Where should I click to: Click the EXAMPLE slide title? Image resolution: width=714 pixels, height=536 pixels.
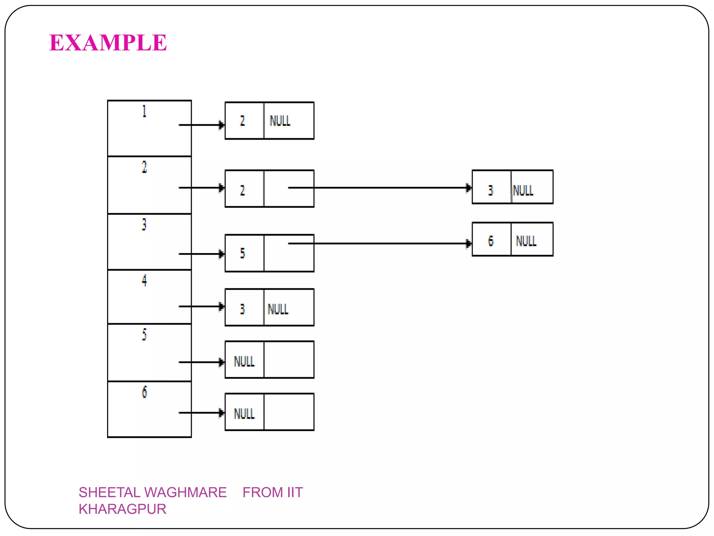pyautogui.click(x=108, y=43)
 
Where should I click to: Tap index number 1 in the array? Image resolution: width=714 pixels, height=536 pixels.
pyautogui.click(x=144, y=111)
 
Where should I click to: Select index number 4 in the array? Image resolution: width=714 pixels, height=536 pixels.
pyautogui.click(x=144, y=281)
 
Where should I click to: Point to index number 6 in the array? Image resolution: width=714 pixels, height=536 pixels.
pyautogui.click(x=144, y=392)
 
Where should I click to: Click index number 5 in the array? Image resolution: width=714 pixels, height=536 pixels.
pyautogui.click(x=144, y=335)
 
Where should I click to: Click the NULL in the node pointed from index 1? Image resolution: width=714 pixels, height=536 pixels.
pyautogui.click(x=280, y=121)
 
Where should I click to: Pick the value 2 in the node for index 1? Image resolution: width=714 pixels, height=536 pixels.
pyautogui.click(x=243, y=121)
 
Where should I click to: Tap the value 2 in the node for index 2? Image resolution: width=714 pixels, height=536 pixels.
pyautogui.click(x=243, y=191)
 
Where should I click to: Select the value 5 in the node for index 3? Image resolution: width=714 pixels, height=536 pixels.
pyautogui.click(x=243, y=253)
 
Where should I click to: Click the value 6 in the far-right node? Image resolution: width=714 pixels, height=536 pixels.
pyautogui.click(x=491, y=241)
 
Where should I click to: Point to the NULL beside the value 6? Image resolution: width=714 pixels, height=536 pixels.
pyautogui.click(x=526, y=241)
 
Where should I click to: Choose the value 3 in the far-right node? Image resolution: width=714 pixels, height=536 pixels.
pyautogui.click(x=491, y=191)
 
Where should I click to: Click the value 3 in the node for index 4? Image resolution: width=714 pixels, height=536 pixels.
pyautogui.click(x=243, y=309)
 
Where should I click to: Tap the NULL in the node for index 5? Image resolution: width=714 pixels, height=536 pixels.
pyautogui.click(x=244, y=362)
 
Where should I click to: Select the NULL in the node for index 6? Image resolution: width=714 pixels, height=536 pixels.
pyautogui.click(x=244, y=414)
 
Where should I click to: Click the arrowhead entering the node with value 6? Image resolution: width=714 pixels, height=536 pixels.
pyautogui.click(x=469, y=244)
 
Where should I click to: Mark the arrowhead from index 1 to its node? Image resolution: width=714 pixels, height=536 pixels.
pyautogui.click(x=221, y=125)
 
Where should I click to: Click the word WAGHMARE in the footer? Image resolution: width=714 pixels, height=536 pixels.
pyautogui.click(x=185, y=492)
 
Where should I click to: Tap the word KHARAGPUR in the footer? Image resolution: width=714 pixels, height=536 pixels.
pyautogui.click(x=122, y=509)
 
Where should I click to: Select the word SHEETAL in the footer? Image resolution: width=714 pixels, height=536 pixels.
pyautogui.click(x=109, y=492)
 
